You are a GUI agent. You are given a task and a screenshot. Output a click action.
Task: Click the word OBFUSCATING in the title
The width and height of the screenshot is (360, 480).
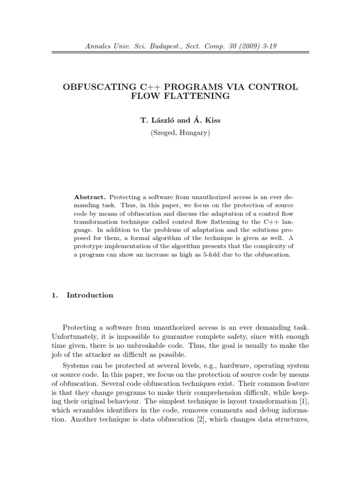pyautogui.click(x=97, y=87)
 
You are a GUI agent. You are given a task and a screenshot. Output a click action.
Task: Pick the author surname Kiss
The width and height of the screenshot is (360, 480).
pyautogui.click(x=210, y=120)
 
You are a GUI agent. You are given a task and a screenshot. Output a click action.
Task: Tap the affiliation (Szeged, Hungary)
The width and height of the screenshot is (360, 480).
pyautogui.click(x=180, y=133)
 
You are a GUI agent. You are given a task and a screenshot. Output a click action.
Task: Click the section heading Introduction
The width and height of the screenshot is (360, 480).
pyautogui.click(x=90, y=295)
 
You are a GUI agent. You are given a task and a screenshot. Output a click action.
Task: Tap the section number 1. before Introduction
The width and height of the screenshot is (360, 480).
pyautogui.click(x=53, y=295)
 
